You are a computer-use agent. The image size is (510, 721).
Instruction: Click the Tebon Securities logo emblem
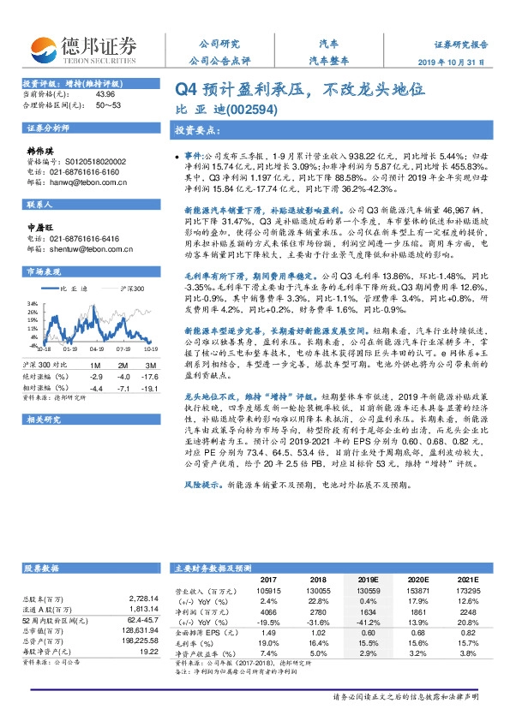point(45,49)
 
